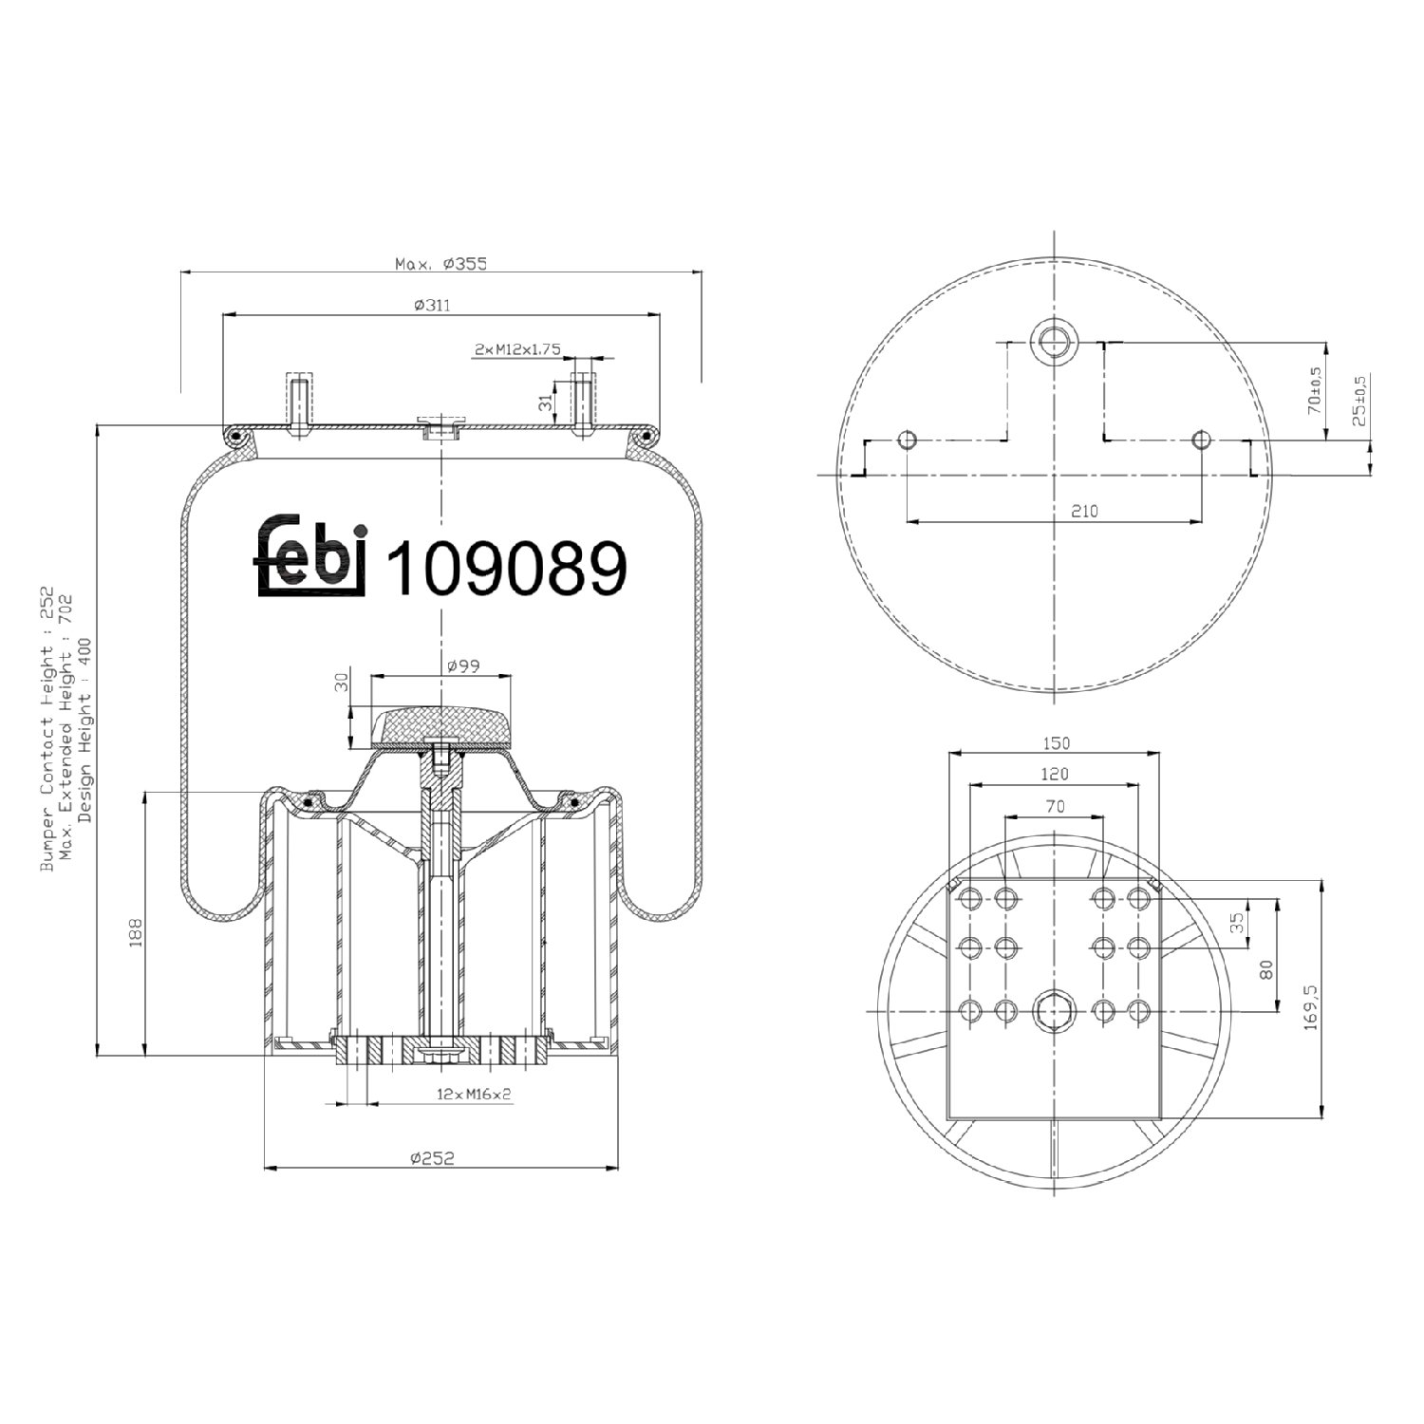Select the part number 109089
[508, 568]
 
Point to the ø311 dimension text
[432, 305]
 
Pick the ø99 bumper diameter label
[461, 666]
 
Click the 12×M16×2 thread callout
[474, 1094]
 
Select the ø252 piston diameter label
[433, 1157]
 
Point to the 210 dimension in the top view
[1084, 511]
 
